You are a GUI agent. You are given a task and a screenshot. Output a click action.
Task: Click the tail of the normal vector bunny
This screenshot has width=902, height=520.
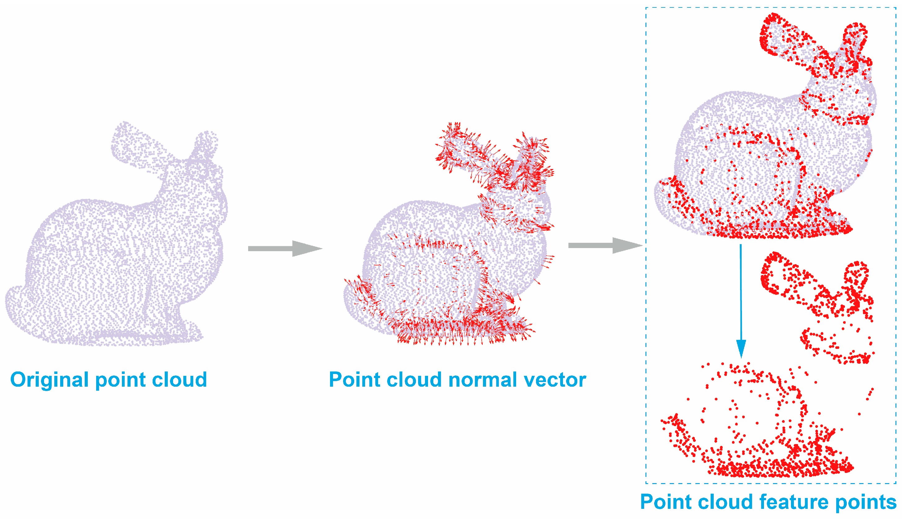(x=357, y=296)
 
